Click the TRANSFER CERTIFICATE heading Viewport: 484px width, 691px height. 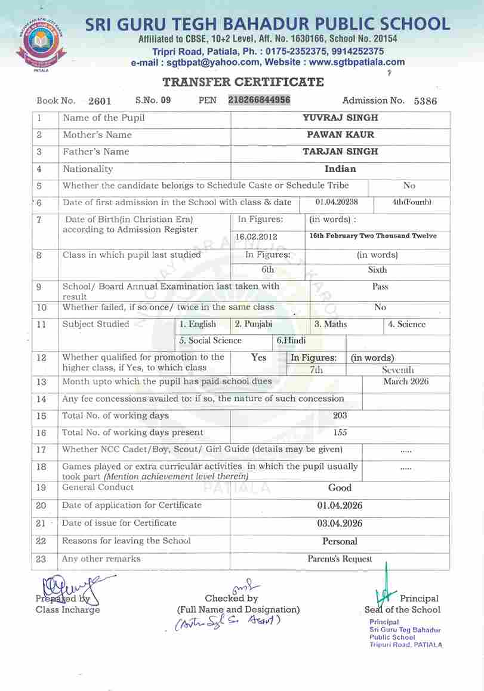tap(243, 82)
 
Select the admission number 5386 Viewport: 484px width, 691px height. tap(425, 101)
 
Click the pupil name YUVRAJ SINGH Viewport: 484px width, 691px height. tap(340, 118)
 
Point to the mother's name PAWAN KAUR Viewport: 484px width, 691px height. tap(340, 135)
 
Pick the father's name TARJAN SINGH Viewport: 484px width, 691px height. tap(340, 152)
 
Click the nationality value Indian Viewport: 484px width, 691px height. tap(340, 169)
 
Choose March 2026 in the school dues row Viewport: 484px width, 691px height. tap(406, 381)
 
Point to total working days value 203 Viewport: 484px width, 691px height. tap(340, 415)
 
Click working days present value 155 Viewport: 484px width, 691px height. tap(340, 433)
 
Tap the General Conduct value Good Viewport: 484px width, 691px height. tap(340, 488)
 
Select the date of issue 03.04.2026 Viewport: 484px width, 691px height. tap(340, 523)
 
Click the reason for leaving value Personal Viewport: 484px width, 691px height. tap(340, 541)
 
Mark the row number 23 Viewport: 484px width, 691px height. tap(41, 559)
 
